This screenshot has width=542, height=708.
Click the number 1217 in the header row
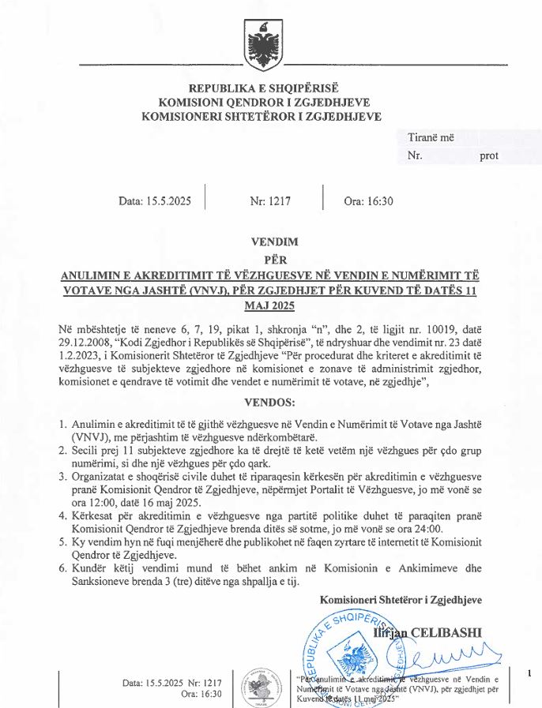point(279,201)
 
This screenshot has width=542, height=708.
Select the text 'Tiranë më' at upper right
point(431,137)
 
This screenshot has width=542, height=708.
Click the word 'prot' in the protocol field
point(489,155)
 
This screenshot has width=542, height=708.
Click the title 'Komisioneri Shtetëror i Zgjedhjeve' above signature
point(401,600)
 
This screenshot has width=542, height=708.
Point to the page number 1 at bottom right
point(529,672)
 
